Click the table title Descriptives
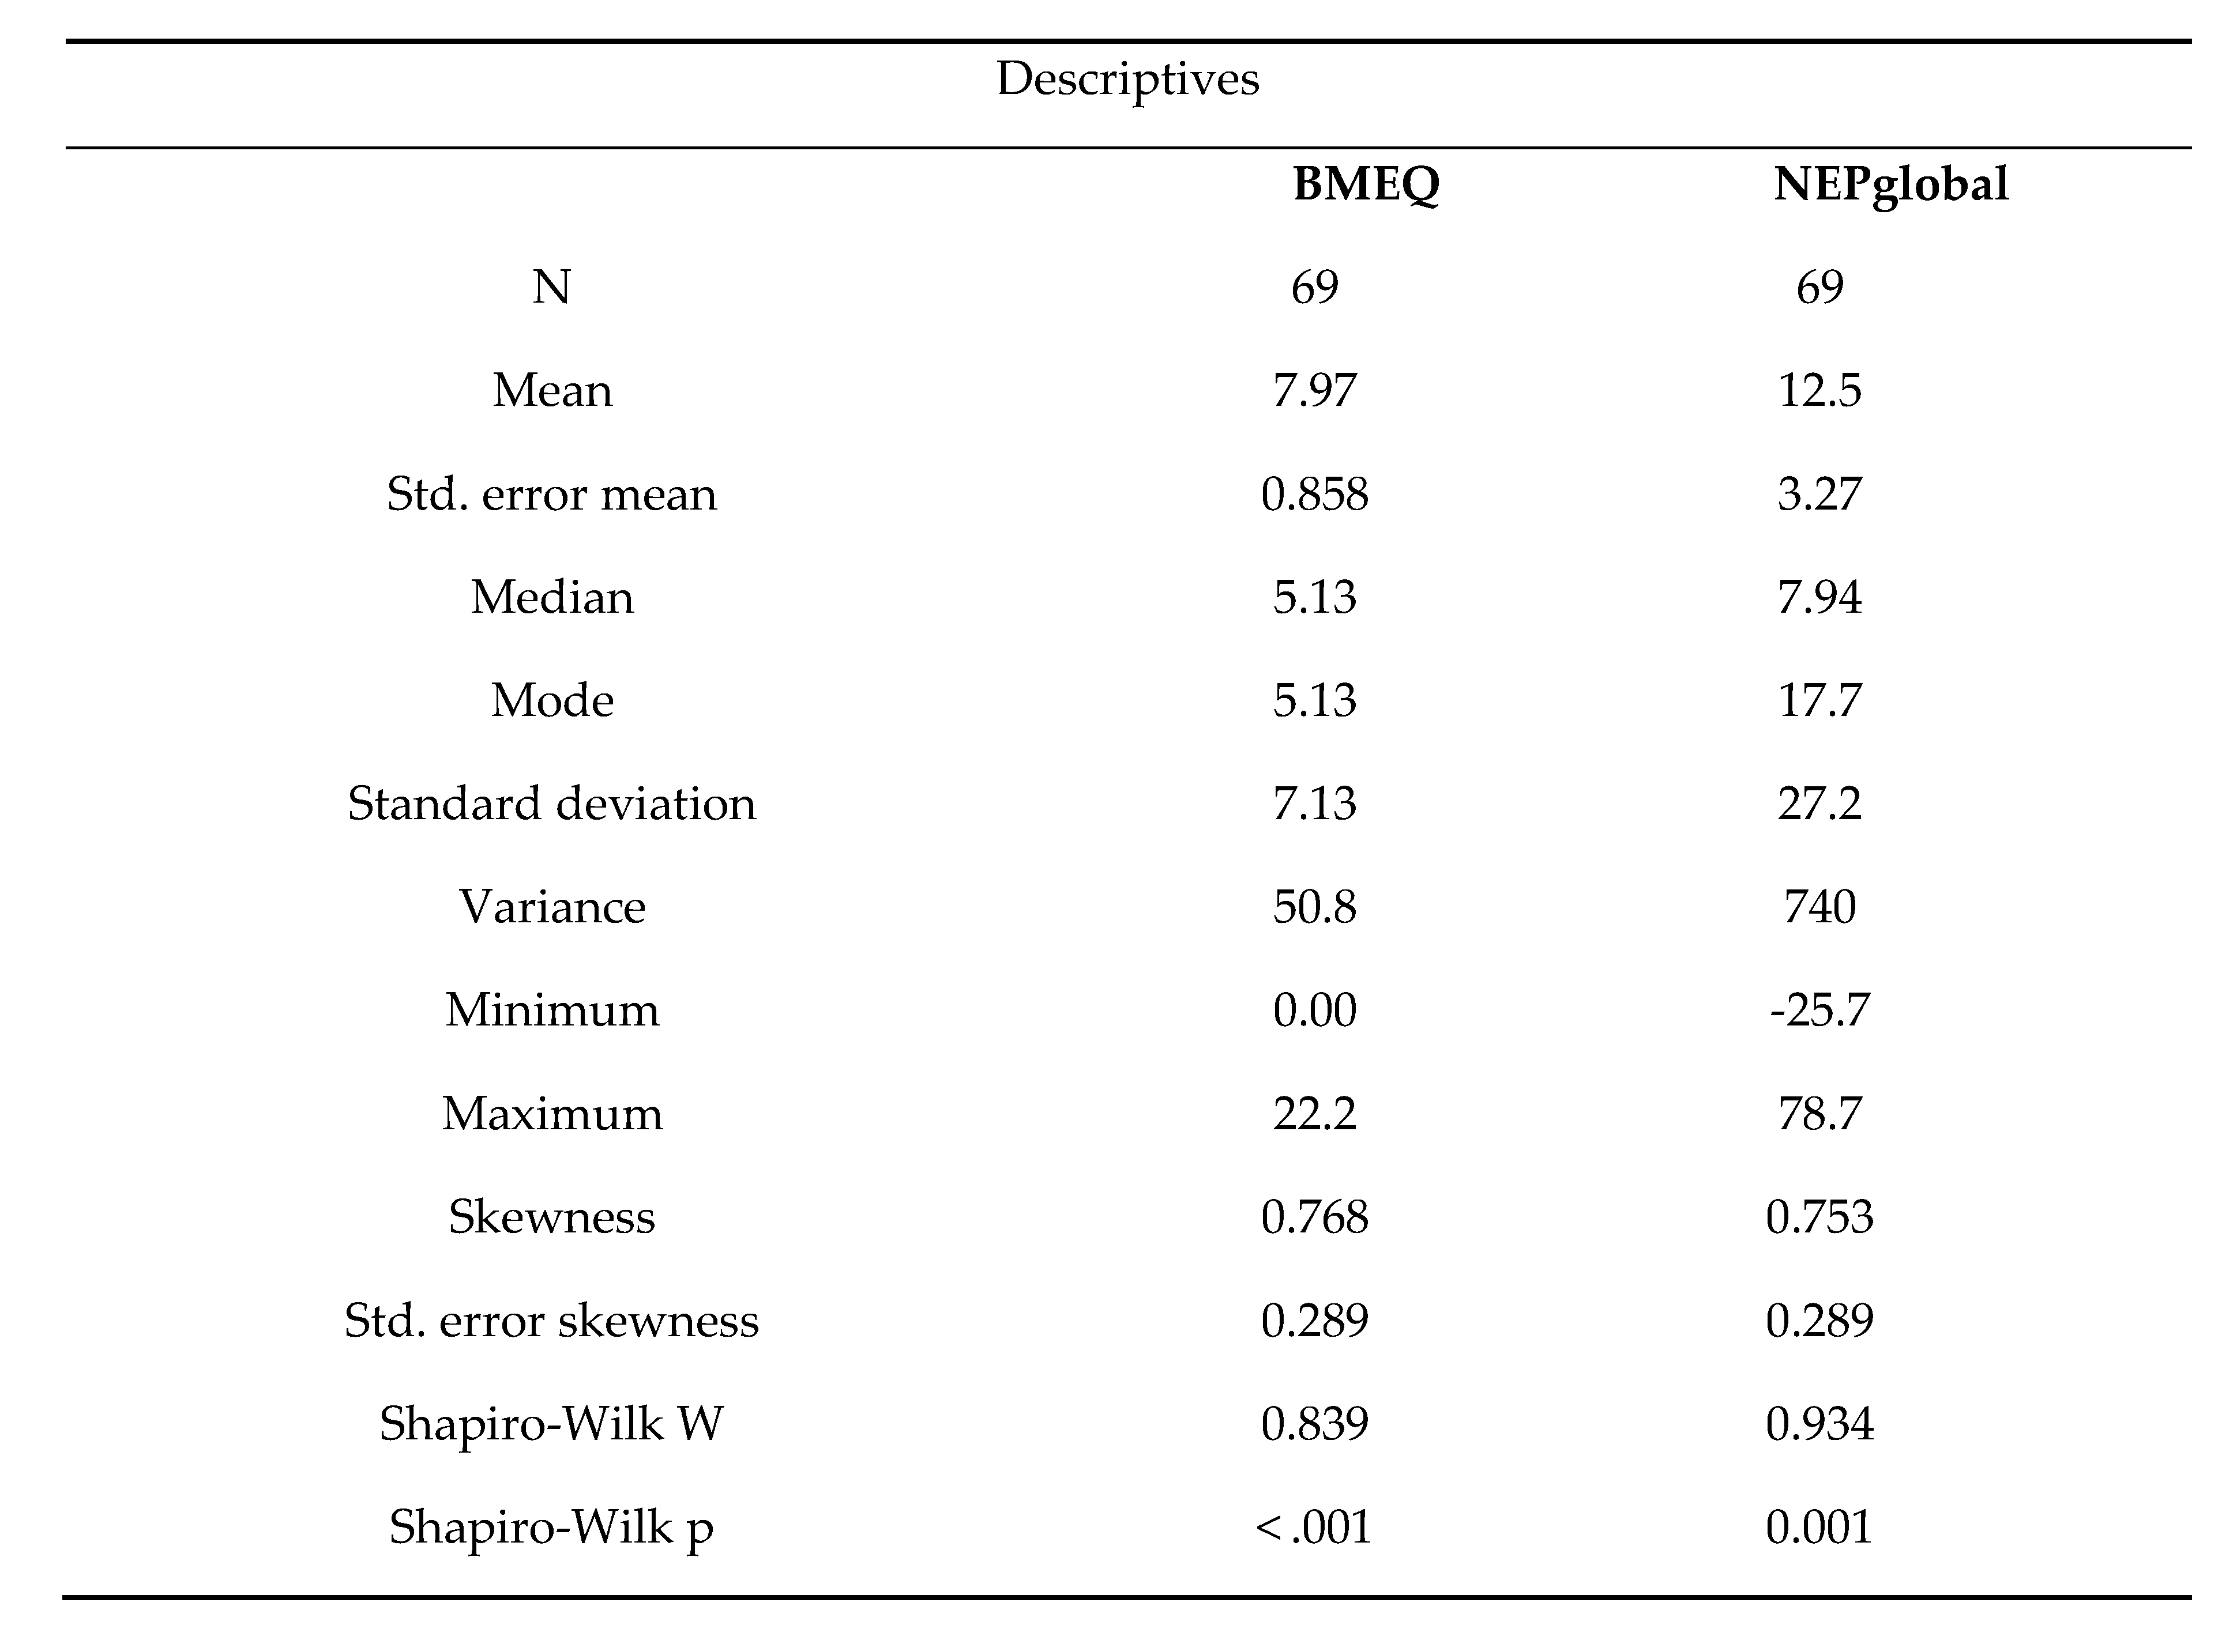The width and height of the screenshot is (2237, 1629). pos(1127,79)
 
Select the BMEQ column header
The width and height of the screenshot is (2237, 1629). pos(1366,184)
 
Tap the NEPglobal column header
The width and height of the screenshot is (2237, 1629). pos(1890,184)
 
